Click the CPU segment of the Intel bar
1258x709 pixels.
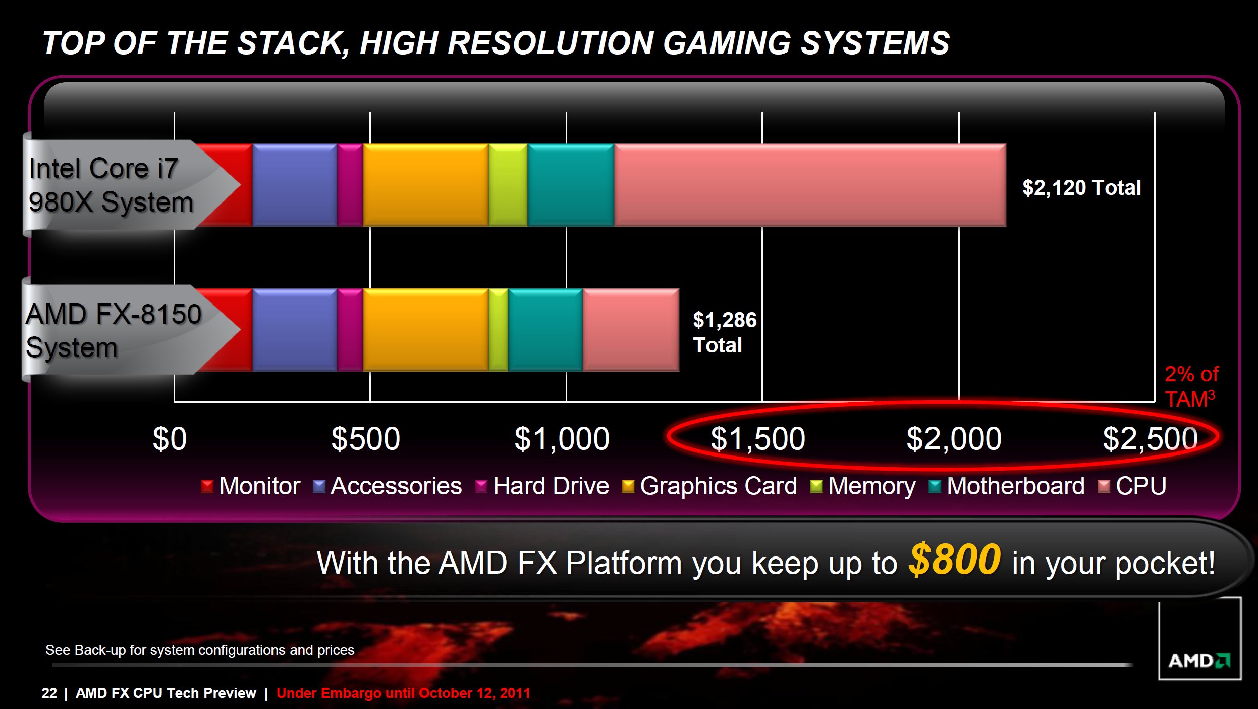810,185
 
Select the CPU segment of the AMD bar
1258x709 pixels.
631,330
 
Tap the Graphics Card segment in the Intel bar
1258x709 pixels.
426,185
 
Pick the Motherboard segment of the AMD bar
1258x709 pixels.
545,330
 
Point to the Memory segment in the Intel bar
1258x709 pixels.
508,185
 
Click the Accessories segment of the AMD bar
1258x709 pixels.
295,330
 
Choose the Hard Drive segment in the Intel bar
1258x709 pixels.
350,185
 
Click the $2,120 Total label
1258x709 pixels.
1081,188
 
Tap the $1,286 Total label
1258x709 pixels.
725,332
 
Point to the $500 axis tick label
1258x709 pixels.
366,438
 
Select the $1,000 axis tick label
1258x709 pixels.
562,438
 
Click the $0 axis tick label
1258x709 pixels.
170,438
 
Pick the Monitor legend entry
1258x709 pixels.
251,486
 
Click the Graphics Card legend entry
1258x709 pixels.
709,486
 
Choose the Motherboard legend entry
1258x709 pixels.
1007,486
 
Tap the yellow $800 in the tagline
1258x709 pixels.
954,560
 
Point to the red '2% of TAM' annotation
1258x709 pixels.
1191,386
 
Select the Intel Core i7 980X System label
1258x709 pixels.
111,185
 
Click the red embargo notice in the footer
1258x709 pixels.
403,693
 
